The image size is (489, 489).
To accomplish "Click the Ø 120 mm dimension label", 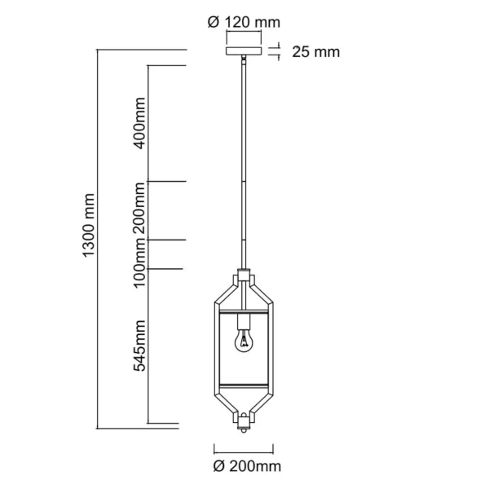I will coord(241,23).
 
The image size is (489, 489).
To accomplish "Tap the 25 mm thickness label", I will coord(314,53).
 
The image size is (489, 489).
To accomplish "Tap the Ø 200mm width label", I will coord(244,467).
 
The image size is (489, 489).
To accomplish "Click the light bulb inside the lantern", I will coord(243,341).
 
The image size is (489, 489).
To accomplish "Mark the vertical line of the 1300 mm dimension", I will coord(97,236).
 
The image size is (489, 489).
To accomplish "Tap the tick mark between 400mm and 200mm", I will coord(168,181).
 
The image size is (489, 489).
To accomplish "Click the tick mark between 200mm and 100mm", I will coord(168,239).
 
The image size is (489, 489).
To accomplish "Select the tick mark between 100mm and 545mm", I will coord(168,268).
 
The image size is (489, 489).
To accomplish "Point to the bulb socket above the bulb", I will coord(243,319).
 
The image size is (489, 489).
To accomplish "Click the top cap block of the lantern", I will coord(243,275).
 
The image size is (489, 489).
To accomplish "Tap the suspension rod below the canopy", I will coord(243,163).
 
